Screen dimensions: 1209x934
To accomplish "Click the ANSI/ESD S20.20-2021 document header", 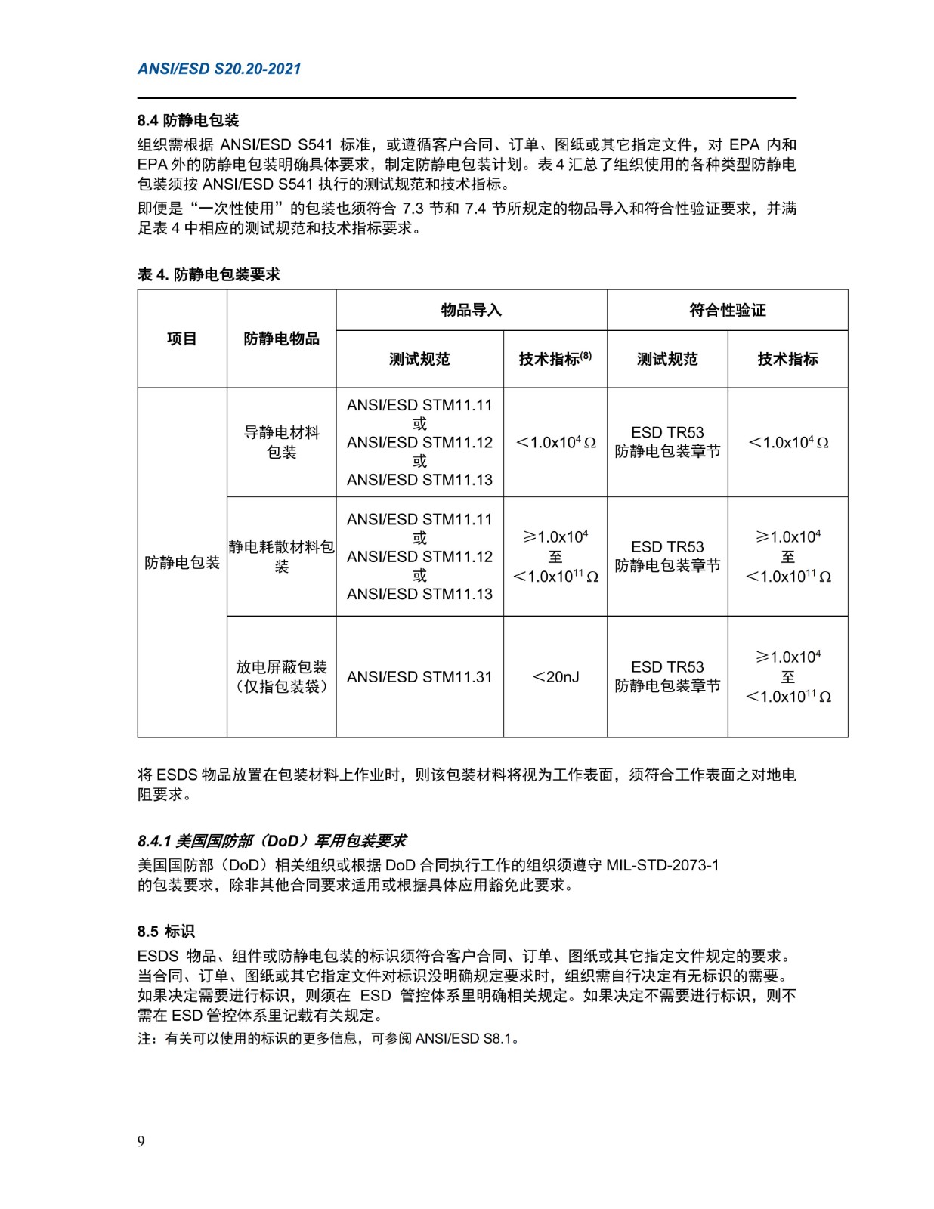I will click(x=219, y=69).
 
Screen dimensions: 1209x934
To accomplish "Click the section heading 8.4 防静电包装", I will click(x=188, y=120).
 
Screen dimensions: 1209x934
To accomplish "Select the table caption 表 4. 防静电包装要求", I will click(x=209, y=274).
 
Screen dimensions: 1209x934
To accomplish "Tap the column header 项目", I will click(x=182, y=339).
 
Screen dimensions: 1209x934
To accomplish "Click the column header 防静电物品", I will click(x=281, y=339).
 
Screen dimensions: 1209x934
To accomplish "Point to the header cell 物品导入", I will click(x=471, y=310).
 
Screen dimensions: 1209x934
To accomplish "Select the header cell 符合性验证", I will click(x=727, y=310).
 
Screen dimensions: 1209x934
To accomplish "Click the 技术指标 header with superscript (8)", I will click(x=555, y=359).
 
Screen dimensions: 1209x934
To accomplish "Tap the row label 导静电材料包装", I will click(x=281, y=442).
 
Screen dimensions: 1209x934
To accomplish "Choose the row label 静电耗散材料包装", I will click(x=281, y=556).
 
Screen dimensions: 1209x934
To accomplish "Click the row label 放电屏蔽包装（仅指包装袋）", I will click(x=281, y=676).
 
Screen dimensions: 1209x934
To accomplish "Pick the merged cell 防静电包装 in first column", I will click(x=182, y=562).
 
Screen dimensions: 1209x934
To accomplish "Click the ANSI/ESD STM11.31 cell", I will click(x=419, y=677).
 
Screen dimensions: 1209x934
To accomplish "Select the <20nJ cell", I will click(x=555, y=677).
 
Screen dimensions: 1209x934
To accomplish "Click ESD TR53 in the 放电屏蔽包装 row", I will click(x=667, y=667).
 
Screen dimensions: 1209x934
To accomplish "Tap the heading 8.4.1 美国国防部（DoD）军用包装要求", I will click(x=272, y=841).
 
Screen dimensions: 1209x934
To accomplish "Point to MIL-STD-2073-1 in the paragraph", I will click(x=663, y=865).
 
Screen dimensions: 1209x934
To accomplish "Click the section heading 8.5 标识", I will click(x=166, y=932).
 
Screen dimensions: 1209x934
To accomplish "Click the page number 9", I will click(x=141, y=1141).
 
